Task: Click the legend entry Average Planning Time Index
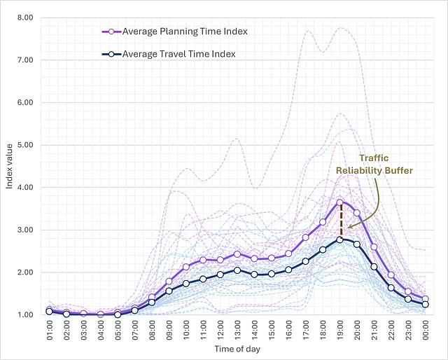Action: click(184, 31)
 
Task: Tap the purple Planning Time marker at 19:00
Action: click(340, 202)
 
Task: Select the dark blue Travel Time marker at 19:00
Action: click(340, 240)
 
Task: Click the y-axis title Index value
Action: click(9, 166)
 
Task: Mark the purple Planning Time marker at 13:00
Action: click(237, 254)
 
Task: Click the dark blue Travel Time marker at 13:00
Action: click(237, 270)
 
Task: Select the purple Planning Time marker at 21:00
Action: click(374, 247)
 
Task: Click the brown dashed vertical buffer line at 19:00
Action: click(340, 221)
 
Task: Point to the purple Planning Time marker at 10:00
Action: click(186, 267)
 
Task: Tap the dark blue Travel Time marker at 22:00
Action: click(391, 288)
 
